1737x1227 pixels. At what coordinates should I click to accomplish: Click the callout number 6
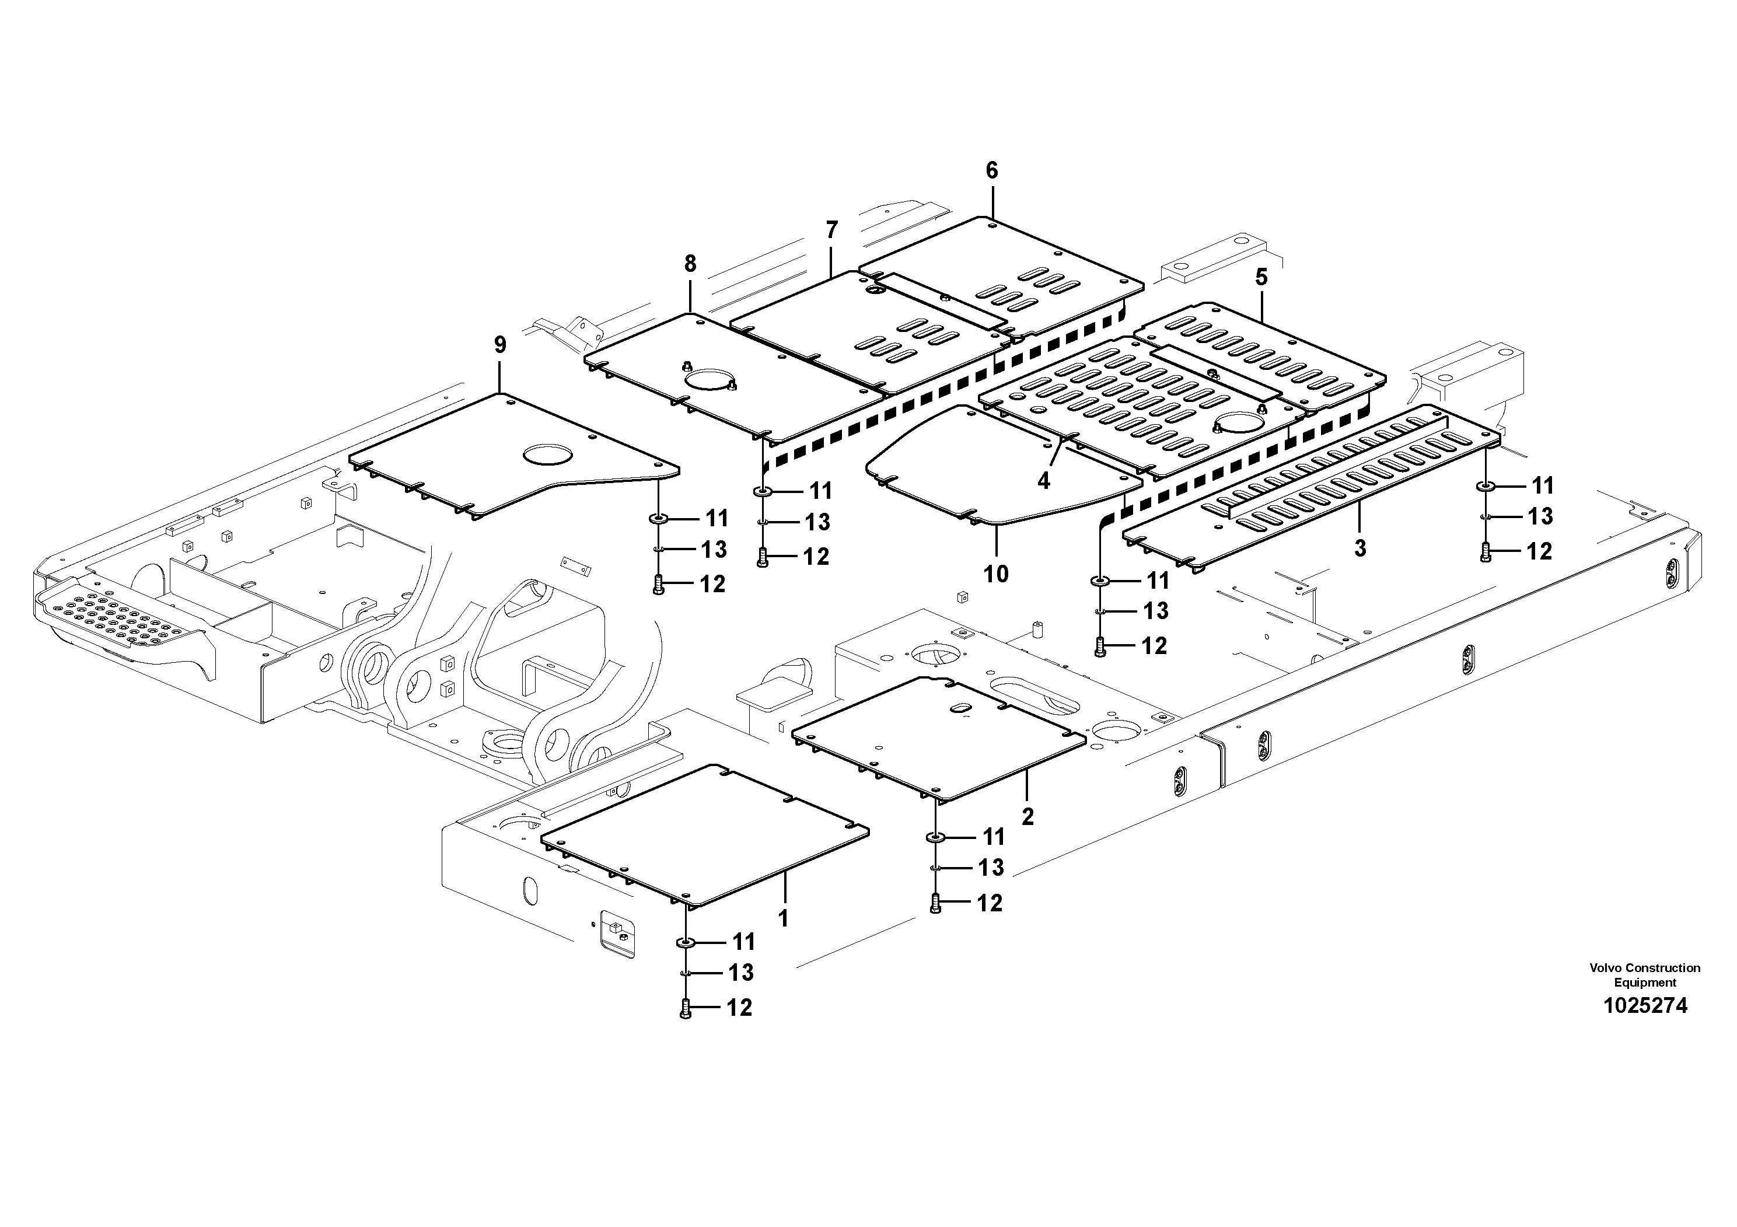[992, 171]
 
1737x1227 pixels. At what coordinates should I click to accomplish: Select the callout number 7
[832, 229]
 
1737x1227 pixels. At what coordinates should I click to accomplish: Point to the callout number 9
[500, 345]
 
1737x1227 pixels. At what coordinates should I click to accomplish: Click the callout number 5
[1261, 278]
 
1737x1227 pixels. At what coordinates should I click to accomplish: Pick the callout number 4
[1044, 480]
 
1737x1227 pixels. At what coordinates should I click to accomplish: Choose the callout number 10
[997, 574]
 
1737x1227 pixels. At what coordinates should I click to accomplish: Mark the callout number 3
[1360, 548]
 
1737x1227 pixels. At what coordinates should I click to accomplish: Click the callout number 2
[1027, 817]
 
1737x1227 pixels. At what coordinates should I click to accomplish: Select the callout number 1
[783, 918]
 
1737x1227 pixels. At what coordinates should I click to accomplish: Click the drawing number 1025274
[1645, 1006]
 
